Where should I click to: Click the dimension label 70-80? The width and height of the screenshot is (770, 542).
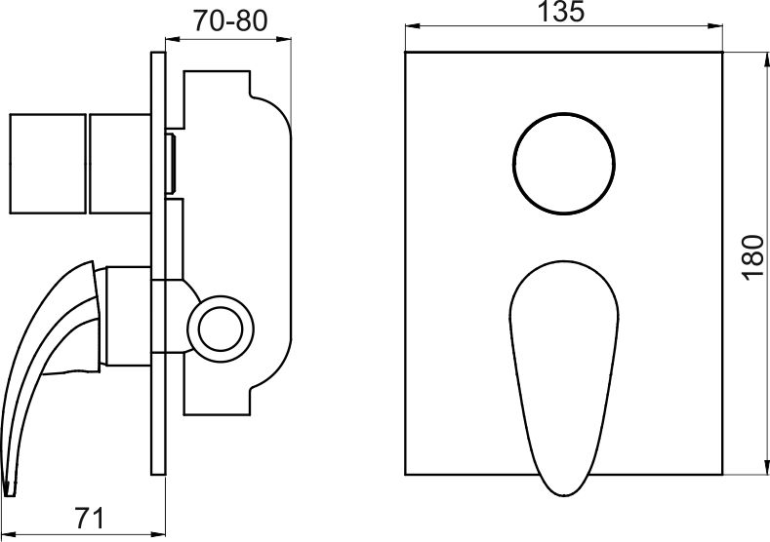229,20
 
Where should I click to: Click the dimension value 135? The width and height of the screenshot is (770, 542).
562,12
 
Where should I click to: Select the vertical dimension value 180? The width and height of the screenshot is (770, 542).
753,258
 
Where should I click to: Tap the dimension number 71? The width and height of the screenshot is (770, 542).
90,518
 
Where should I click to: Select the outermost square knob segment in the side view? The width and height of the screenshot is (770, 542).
48,164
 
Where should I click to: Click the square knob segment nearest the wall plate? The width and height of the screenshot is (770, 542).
120,164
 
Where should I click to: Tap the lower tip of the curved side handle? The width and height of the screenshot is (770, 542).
10,493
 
